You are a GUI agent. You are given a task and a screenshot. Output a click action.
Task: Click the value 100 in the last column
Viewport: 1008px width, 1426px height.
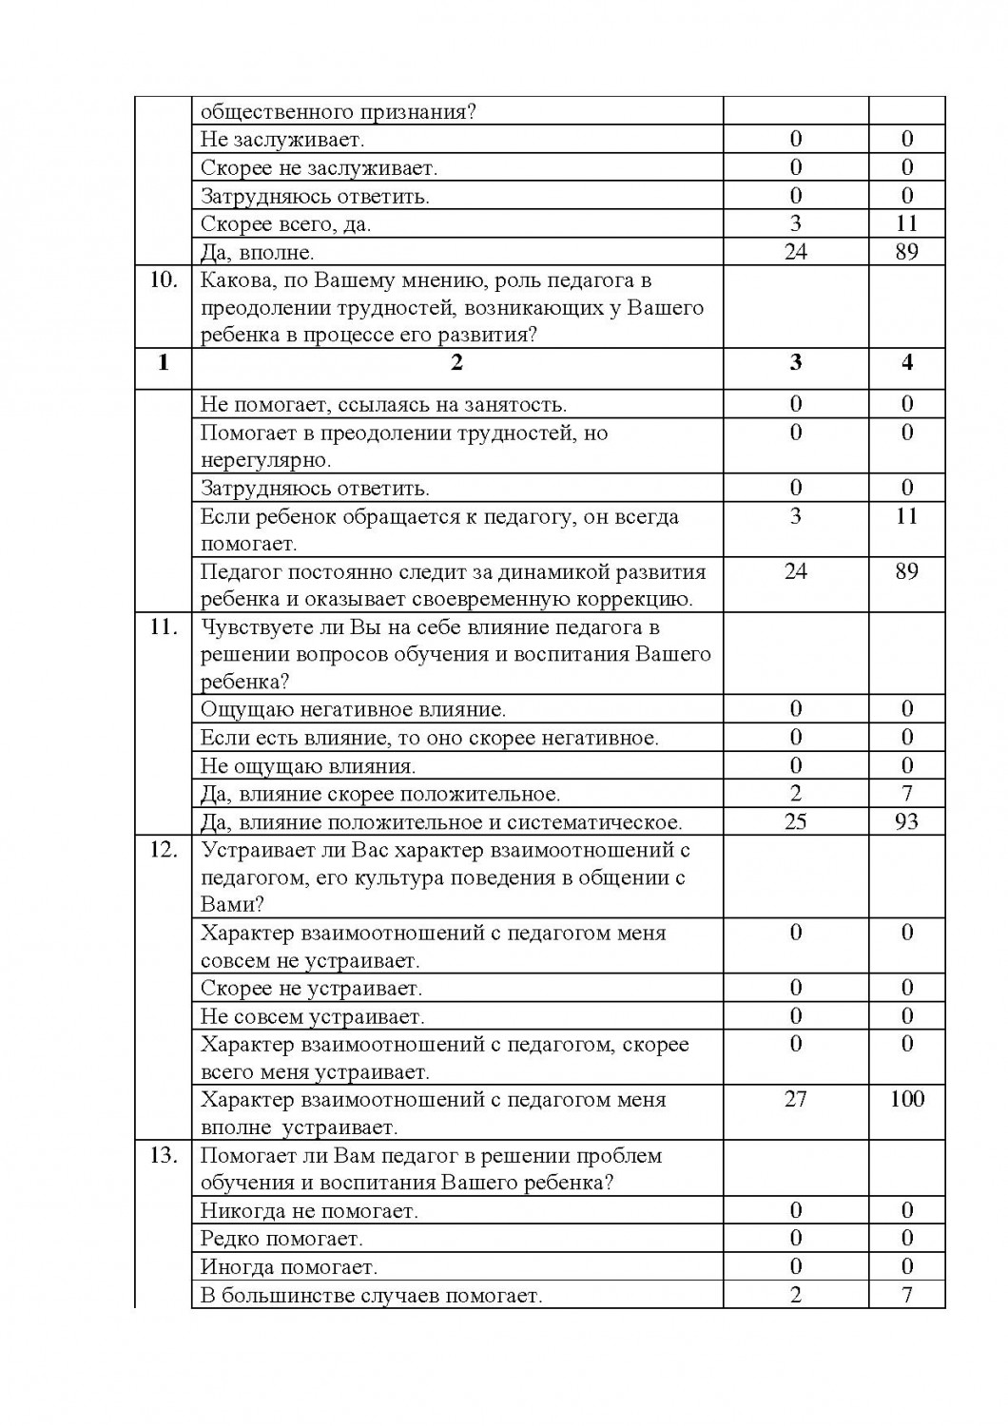point(907,1100)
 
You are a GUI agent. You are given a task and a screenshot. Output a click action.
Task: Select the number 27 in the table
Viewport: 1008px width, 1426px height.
point(796,1100)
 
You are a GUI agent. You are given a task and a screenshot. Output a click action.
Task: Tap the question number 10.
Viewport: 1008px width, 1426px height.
point(164,280)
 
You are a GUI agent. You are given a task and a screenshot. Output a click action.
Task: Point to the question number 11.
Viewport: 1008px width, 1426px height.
point(164,627)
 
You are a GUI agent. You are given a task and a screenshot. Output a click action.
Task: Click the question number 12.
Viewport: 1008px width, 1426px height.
point(164,850)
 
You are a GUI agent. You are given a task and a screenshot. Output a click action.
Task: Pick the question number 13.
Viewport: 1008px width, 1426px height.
point(164,1156)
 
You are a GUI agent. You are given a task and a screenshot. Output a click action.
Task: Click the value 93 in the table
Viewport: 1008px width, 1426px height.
point(907,821)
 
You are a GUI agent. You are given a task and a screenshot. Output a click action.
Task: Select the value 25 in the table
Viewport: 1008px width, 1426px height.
point(796,821)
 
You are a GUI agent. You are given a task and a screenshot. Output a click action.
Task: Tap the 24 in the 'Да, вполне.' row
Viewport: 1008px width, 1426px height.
point(796,252)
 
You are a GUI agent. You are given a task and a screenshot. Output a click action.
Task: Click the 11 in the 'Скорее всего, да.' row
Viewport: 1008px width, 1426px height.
point(907,223)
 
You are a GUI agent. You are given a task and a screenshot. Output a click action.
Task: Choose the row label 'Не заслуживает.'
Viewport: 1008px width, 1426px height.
point(282,140)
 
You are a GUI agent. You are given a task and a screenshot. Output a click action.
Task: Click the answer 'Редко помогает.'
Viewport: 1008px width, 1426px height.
point(281,1239)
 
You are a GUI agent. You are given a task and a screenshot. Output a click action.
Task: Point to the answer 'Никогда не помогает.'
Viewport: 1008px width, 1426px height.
point(309,1211)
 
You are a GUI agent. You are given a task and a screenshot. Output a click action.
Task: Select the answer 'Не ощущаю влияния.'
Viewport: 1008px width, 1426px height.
point(308,766)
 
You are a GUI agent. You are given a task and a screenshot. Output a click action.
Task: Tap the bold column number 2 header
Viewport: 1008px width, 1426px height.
point(457,363)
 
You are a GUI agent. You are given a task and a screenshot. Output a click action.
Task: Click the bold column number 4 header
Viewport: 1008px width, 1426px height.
point(907,363)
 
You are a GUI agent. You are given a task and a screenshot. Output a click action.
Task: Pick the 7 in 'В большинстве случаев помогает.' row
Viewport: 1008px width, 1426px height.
point(907,1295)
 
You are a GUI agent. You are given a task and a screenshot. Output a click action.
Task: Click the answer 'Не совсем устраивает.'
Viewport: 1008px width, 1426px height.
point(312,1017)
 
